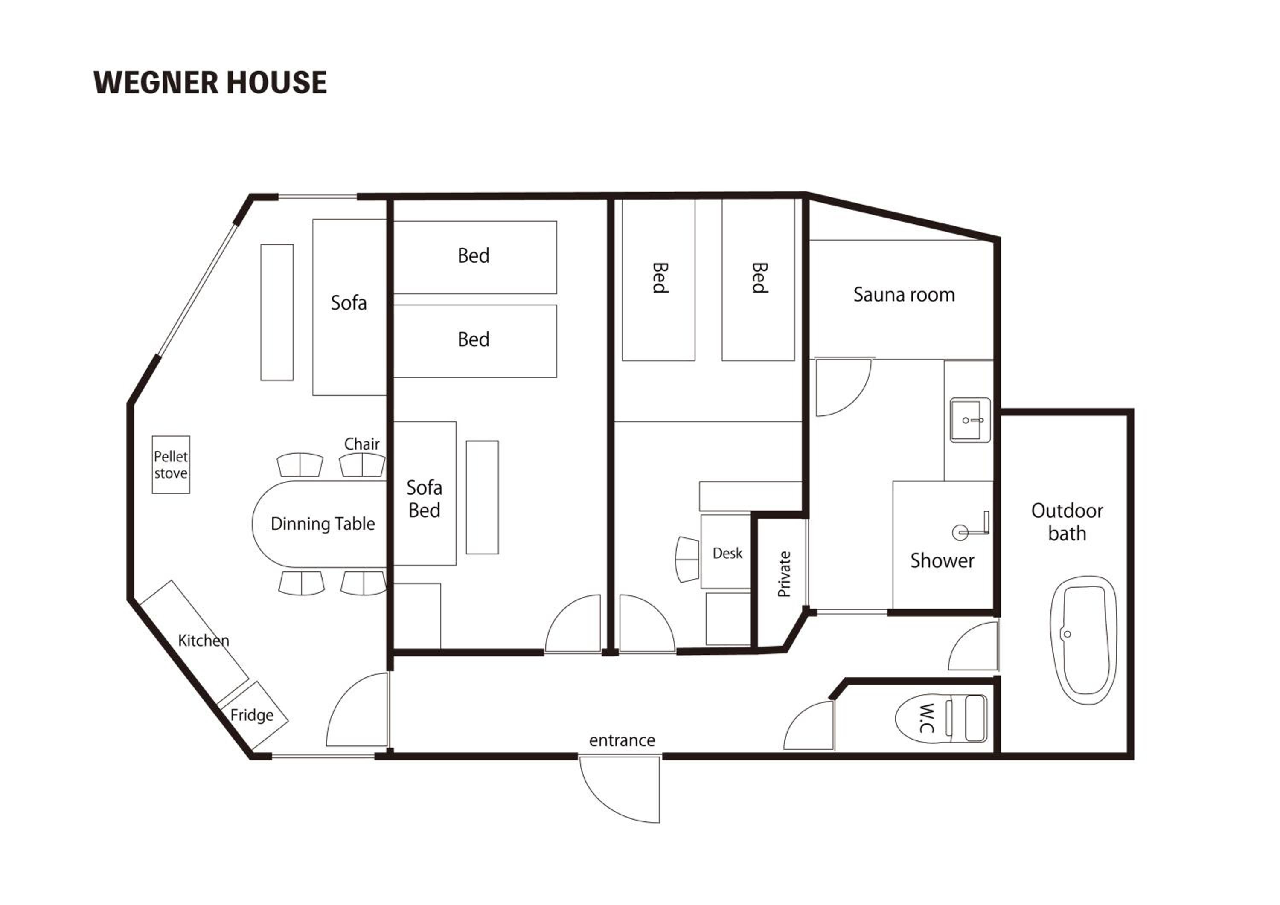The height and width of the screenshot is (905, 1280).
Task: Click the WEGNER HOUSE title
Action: click(x=210, y=82)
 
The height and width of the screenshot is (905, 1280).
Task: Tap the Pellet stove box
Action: click(x=171, y=465)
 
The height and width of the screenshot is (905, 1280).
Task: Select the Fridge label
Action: click(x=252, y=715)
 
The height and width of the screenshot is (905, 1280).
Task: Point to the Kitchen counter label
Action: click(x=204, y=640)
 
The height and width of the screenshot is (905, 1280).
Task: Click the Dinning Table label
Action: click(x=323, y=524)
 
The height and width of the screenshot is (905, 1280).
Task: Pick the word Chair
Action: click(x=362, y=444)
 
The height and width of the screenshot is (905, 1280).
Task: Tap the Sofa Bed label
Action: click(x=424, y=499)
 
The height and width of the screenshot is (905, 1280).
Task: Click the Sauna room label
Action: click(x=904, y=295)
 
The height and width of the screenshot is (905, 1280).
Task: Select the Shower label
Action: click(x=942, y=560)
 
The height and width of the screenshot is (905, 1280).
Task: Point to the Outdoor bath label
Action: click(x=1067, y=522)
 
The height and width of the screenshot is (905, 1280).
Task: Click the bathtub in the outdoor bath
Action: click(x=1084, y=640)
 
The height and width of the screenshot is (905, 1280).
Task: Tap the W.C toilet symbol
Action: click(x=942, y=718)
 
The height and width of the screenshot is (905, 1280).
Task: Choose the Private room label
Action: click(x=784, y=574)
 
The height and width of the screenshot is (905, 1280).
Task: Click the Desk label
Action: click(x=727, y=554)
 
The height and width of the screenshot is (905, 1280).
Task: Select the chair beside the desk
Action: click(x=687, y=560)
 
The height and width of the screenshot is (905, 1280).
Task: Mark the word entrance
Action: click(x=622, y=741)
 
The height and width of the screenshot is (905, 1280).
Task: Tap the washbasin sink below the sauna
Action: click(x=971, y=420)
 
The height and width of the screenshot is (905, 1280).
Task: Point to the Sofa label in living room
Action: click(x=349, y=303)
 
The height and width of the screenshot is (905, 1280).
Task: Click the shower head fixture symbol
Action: click(x=971, y=527)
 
